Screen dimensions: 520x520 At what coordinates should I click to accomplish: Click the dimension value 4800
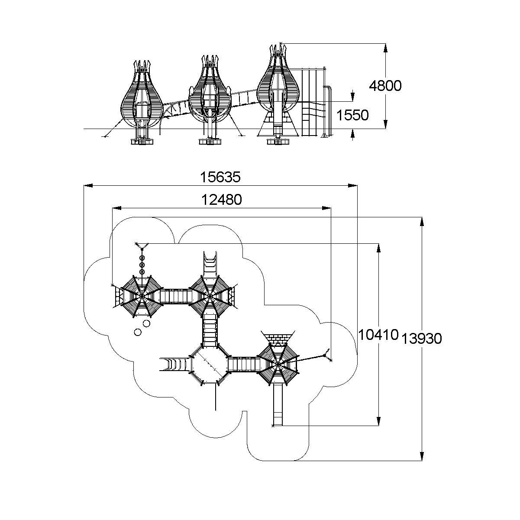point(385,86)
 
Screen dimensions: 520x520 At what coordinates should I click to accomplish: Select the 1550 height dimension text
point(352,115)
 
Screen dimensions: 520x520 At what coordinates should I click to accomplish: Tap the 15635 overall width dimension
point(220,177)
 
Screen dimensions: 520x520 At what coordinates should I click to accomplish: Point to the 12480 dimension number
point(221,200)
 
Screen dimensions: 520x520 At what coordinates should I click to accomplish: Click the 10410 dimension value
point(378,334)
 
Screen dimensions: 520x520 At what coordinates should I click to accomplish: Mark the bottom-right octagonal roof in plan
point(277,364)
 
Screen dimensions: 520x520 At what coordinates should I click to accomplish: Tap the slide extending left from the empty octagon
point(173,364)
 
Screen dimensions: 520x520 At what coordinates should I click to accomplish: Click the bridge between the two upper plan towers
point(176,297)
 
